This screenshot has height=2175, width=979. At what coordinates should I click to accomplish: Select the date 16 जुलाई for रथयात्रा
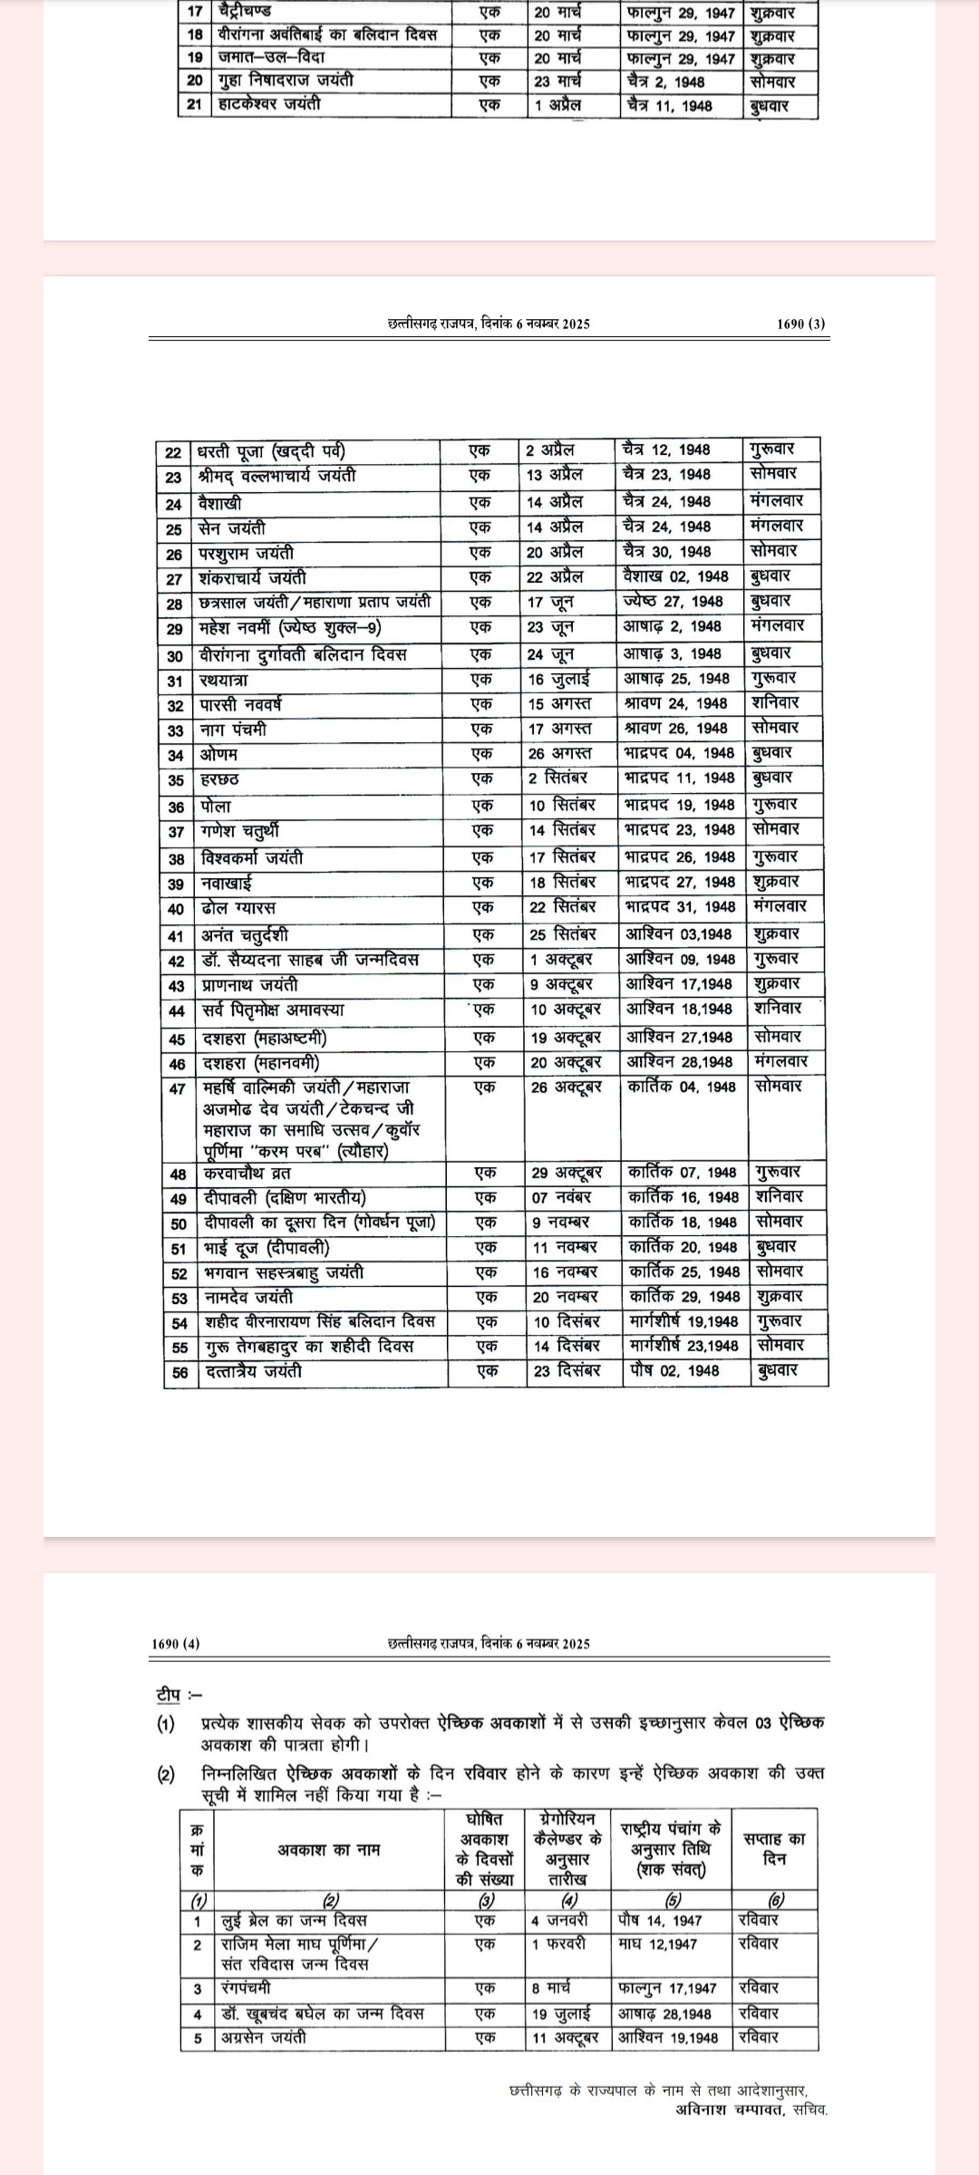pyautogui.click(x=559, y=679)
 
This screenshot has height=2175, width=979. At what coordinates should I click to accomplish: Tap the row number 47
pyautogui.click(x=178, y=1088)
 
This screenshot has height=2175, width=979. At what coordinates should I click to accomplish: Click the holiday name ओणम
pyautogui.click(x=218, y=754)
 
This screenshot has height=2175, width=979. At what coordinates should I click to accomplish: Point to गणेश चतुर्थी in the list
pyautogui.click(x=240, y=830)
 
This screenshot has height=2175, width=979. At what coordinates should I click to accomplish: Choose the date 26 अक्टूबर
pyautogui.click(x=567, y=1087)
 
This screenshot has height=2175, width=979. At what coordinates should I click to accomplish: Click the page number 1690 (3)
pyautogui.click(x=801, y=324)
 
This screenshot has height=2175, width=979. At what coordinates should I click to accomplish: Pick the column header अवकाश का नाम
pyautogui.click(x=329, y=1850)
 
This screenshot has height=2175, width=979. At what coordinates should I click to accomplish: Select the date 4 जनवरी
pyautogui.click(x=559, y=1919)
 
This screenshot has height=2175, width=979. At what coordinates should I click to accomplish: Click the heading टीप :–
pyautogui.click(x=179, y=1694)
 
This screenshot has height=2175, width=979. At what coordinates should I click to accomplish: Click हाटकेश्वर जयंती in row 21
pyautogui.click(x=269, y=104)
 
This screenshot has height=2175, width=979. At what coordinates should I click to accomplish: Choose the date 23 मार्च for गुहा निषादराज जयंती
pyautogui.click(x=557, y=81)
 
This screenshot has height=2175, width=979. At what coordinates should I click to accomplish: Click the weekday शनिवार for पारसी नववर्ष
pyautogui.click(x=774, y=703)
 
